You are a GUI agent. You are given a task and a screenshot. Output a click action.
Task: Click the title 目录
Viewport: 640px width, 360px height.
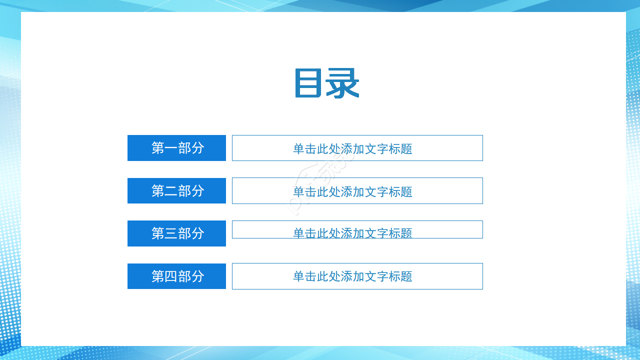pyautogui.click(x=326, y=83)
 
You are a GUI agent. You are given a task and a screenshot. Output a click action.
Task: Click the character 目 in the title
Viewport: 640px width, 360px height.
pyautogui.click(x=308, y=83)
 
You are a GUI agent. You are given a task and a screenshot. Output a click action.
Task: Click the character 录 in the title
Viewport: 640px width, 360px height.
pyautogui.click(x=342, y=83)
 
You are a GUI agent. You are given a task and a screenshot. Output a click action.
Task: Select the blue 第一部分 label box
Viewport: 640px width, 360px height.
pyautogui.click(x=176, y=148)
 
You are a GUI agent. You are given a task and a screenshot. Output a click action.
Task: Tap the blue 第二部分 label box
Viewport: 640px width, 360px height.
pyautogui.click(x=176, y=190)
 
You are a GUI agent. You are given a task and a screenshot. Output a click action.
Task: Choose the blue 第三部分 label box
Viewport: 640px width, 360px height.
pyautogui.click(x=176, y=233)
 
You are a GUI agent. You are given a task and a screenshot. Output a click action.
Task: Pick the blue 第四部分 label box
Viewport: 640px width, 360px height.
pyautogui.click(x=176, y=276)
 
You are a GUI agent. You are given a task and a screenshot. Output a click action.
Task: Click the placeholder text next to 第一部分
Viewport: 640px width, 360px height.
pyautogui.click(x=352, y=149)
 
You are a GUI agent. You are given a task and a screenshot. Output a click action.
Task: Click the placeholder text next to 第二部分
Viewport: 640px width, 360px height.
pyautogui.click(x=352, y=191)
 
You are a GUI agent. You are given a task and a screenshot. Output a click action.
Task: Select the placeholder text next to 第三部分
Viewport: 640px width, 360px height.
pyautogui.click(x=352, y=233)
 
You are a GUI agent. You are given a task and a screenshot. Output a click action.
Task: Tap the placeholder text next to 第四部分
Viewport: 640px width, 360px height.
pyautogui.click(x=352, y=276)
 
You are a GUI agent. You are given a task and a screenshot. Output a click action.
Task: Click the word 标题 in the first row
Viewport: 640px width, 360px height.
pyautogui.click(x=400, y=149)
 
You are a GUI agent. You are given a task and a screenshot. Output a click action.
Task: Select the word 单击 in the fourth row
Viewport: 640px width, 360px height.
pyautogui.click(x=305, y=276)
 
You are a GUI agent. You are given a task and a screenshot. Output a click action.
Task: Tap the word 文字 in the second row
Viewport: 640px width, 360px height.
pyautogui.click(x=376, y=191)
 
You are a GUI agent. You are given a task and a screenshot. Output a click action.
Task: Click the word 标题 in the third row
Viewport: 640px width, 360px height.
pyautogui.click(x=400, y=233)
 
